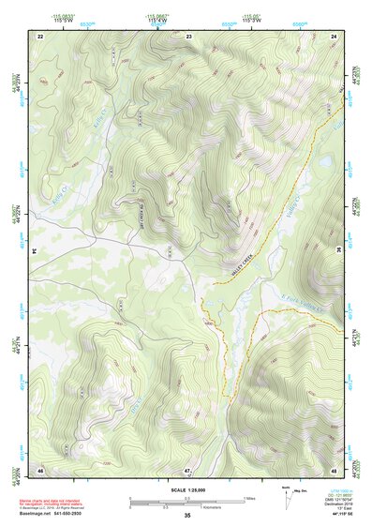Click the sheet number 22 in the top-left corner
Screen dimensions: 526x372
pos(40,35)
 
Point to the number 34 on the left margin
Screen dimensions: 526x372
pos(35,251)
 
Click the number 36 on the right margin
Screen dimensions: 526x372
pos(338,251)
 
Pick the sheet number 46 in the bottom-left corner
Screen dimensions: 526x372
pos(40,469)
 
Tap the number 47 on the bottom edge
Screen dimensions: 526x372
pos(187,469)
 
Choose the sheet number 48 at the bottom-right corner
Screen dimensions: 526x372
pos(335,469)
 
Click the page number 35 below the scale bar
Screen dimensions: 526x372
pos(187,516)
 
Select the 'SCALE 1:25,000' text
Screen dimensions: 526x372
pos(187,490)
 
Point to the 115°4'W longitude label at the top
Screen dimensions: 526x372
pos(156,21)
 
